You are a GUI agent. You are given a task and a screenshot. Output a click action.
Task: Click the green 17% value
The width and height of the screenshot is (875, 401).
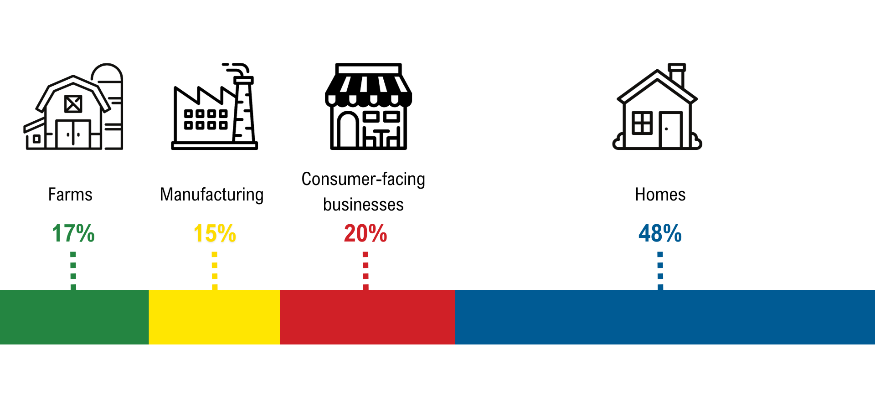tap(73, 233)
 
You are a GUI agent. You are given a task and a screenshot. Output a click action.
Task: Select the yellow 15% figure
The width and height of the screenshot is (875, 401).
tap(215, 233)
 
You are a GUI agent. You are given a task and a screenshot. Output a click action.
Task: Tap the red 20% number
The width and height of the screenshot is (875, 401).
tap(365, 233)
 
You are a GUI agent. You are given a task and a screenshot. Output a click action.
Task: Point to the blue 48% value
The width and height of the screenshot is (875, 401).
tap(660, 233)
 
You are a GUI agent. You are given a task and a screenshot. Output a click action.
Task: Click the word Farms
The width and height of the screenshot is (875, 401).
tap(70, 195)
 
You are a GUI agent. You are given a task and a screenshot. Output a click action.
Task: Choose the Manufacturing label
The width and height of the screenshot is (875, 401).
tap(211, 195)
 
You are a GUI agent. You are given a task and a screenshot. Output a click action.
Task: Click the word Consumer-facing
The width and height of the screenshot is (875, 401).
tap(363, 180)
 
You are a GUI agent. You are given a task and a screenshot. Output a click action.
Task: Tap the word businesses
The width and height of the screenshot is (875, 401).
tap(363, 205)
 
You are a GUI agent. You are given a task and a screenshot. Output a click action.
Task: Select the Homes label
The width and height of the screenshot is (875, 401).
tap(660, 195)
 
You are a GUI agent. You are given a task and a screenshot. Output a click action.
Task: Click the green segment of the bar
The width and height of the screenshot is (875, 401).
tap(74, 317)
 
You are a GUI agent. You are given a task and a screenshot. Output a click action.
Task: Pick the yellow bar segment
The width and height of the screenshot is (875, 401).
tap(215, 317)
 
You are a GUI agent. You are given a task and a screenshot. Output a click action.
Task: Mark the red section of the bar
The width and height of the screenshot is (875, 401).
tap(368, 317)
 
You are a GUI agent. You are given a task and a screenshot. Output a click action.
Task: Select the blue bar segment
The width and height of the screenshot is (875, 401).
tap(665, 317)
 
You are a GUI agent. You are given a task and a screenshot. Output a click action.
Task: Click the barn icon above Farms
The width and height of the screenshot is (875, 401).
tap(73, 107)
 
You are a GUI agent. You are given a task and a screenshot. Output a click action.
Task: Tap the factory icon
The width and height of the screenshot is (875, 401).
tap(215, 107)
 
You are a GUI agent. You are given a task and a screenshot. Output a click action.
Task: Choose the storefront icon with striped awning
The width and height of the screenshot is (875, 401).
tap(368, 107)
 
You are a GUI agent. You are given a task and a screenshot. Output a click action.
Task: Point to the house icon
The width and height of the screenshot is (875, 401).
tap(657, 107)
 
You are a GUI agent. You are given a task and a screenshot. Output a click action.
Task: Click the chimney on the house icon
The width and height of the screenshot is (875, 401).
tap(677, 75)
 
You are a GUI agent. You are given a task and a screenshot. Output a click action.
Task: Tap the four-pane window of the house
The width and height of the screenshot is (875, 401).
tap(642, 123)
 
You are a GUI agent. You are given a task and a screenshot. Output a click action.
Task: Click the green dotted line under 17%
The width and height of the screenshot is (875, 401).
tap(73, 271)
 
